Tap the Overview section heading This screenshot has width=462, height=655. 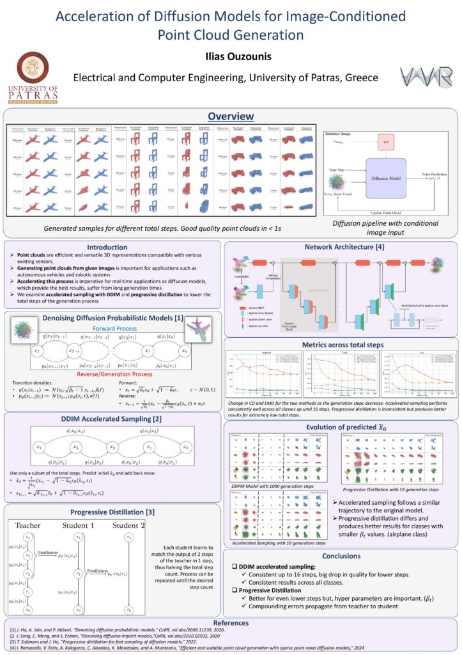231,116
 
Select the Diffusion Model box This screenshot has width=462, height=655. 385,178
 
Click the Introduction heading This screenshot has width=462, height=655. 111,248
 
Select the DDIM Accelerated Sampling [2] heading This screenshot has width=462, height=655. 111,418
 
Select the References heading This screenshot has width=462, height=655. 231,621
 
